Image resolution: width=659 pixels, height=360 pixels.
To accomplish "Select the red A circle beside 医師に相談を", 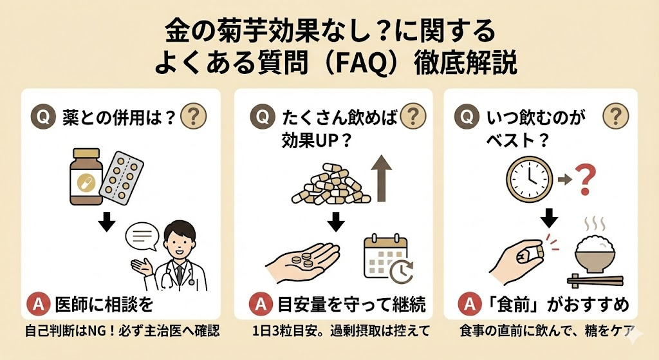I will (40, 302).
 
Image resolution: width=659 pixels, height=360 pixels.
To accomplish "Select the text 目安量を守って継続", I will (351, 302).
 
